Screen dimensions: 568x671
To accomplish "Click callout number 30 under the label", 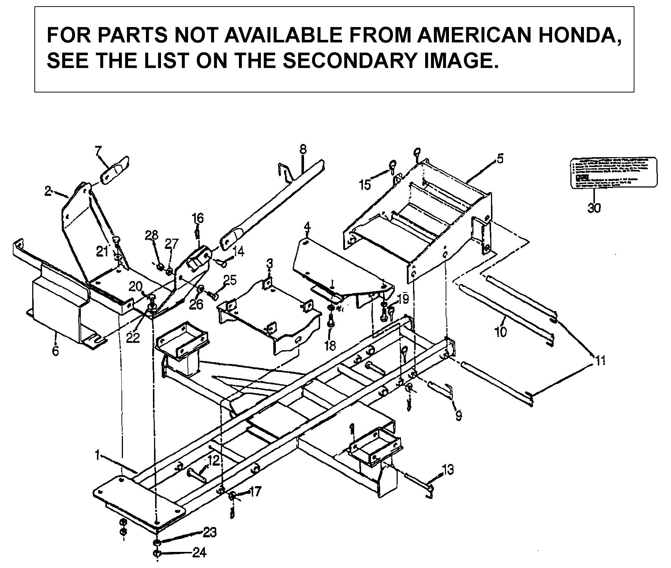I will click(x=594, y=208).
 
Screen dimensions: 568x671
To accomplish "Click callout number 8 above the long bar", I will click(x=303, y=149).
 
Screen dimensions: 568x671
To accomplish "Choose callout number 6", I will click(x=55, y=351).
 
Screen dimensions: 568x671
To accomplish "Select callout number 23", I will click(x=210, y=533).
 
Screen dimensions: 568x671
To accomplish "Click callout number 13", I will click(x=448, y=469).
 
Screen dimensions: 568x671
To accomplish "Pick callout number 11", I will click(x=598, y=361).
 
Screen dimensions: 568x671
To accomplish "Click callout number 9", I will click(x=458, y=415).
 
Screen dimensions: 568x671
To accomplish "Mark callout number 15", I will click(x=365, y=185).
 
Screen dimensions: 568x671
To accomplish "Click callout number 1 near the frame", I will click(x=97, y=455).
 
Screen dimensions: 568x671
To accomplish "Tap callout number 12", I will click(x=213, y=461).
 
